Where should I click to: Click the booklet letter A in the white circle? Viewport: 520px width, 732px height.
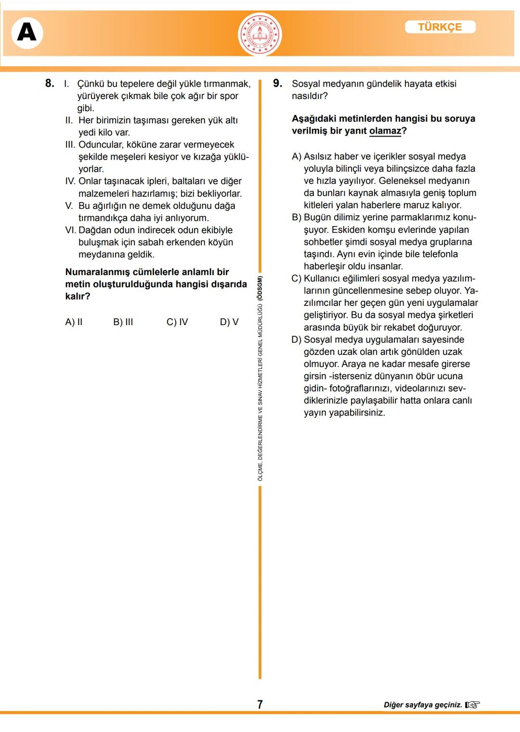27,33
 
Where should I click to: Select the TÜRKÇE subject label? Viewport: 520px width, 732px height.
440,27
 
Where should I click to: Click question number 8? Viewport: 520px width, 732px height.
50,83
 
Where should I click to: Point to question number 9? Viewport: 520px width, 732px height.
277,83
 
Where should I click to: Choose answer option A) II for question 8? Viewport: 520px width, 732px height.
74,322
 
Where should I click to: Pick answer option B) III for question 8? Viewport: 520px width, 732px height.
123,322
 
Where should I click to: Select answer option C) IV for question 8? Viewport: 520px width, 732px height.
177,322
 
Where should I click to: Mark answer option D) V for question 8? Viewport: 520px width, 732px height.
229,322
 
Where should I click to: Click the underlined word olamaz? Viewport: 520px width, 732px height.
385,131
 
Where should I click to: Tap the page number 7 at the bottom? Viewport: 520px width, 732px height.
260,705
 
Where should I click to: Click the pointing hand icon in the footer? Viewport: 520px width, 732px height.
472,705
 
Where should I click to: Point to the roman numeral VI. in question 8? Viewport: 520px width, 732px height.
70,230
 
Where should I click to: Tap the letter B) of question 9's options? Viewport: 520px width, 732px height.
296,217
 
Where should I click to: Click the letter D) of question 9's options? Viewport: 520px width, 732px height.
296,340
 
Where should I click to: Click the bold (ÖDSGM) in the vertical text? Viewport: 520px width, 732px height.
260,288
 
